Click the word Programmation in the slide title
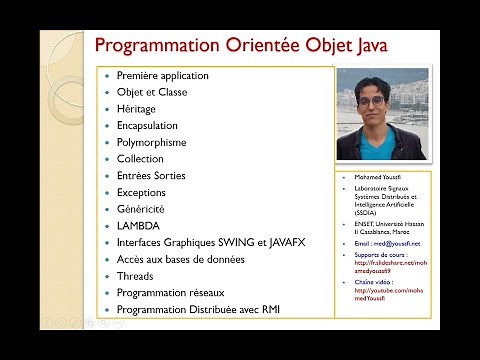151,46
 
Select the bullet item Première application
162,76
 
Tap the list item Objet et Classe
151,93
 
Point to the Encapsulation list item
147,126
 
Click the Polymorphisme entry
151,143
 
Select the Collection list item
140,159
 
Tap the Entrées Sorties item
151,176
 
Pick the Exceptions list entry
141,192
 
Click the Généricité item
140,209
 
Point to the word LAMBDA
138,226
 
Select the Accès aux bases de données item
180,259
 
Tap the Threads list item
136,276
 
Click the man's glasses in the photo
371,103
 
